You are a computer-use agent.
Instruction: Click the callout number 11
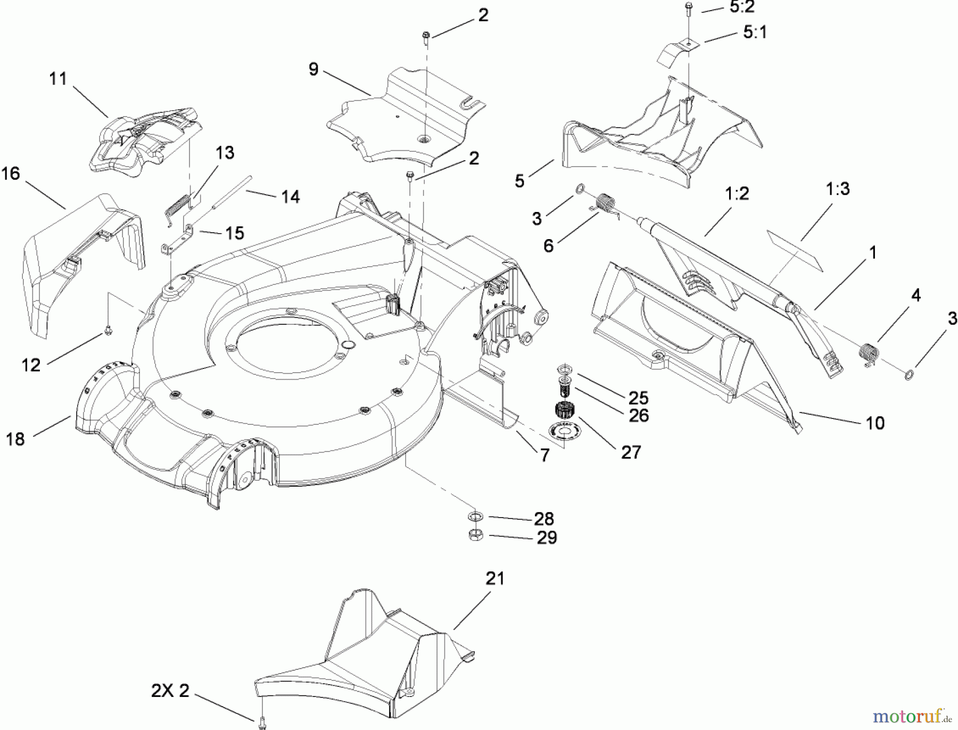pyautogui.click(x=58, y=79)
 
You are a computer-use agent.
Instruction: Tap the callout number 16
pyautogui.click(x=11, y=174)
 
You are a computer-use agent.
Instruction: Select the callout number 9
pyautogui.click(x=313, y=69)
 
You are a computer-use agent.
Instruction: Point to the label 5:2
pyautogui.click(x=741, y=7)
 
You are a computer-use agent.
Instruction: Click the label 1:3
pyautogui.click(x=838, y=188)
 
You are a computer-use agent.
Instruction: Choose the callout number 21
pyautogui.click(x=495, y=578)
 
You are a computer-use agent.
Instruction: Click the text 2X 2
pyautogui.click(x=170, y=691)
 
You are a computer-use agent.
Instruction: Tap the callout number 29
pyautogui.click(x=547, y=538)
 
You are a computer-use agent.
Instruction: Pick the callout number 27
pyautogui.click(x=631, y=453)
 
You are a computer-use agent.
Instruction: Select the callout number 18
pyautogui.click(x=15, y=439)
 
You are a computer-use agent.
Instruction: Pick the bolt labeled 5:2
pyautogui.click(x=688, y=7)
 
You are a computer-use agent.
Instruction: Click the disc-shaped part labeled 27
pyautogui.click(x=563, y=429)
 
